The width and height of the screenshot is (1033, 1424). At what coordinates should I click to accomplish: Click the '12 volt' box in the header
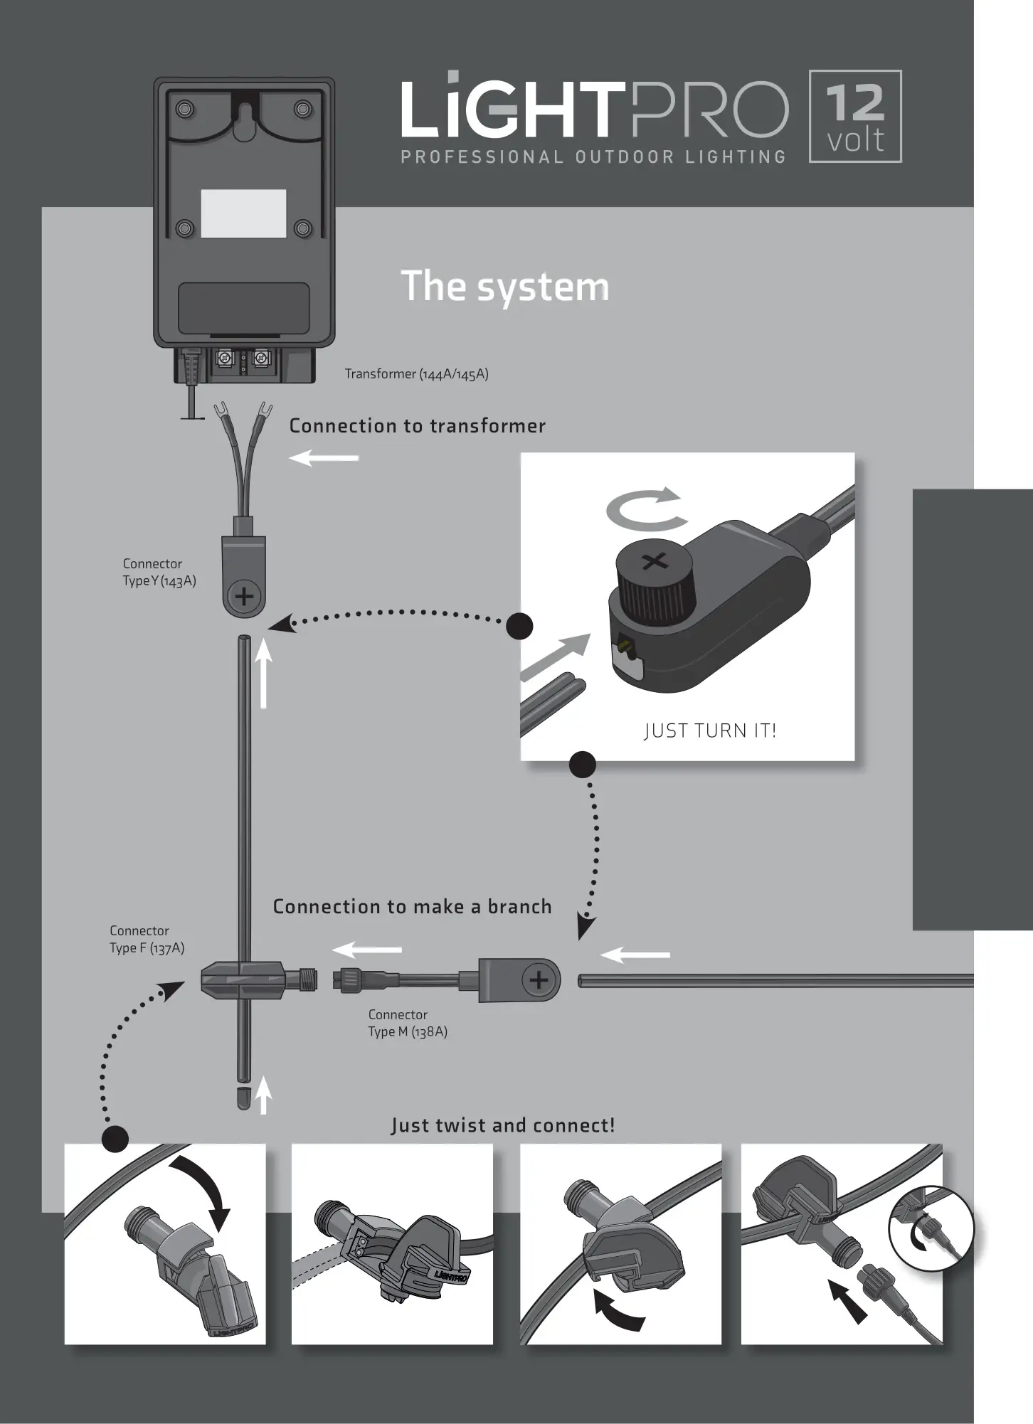pyautogui.click(x=855, y=117)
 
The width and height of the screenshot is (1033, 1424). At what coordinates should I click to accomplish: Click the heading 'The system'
pyautogui.click(x=505, y=286)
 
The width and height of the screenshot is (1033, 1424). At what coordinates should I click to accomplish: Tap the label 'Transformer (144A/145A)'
pyautogui.click(x=416, y=374)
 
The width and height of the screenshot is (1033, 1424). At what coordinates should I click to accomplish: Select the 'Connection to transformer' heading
pyautogui.click(x=417, y=426)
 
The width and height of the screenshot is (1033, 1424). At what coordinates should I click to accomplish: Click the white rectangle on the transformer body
pyautogui.click(x=243, y=213)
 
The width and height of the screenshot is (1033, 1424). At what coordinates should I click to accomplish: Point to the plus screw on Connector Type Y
pyautogui.click(x=244, y=596)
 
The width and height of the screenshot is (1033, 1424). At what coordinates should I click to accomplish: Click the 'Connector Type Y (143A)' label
pyautogui.click(x=159, y=573)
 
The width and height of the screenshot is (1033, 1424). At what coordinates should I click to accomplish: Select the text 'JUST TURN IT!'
pyautogui.click(x=709, y=730)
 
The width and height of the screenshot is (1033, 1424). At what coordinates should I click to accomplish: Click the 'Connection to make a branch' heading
pyautogui.click(x=412, y=907)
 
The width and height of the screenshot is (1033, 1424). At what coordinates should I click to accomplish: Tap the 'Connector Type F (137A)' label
pyautogui.click(x=147, y=940)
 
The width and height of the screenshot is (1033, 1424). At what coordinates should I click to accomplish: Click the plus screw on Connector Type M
pyautogui.click(x=539, y=981)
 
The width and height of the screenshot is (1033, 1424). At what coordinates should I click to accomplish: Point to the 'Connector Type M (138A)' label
pyautogui.click(x=408, y=1024)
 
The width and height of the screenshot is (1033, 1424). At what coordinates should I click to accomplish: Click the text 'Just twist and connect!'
pyautogui.click(x=502, y=1125)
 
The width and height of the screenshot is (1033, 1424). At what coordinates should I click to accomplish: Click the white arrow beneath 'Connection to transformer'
pyautogui.click(x=324, y=458)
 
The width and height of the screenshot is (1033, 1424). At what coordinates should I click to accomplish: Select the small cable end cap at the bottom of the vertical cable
pyautogui.click(x=243, y=1098)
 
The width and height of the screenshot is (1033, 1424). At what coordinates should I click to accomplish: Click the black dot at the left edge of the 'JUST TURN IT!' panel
pyautogui.click(x=519, y=627)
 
